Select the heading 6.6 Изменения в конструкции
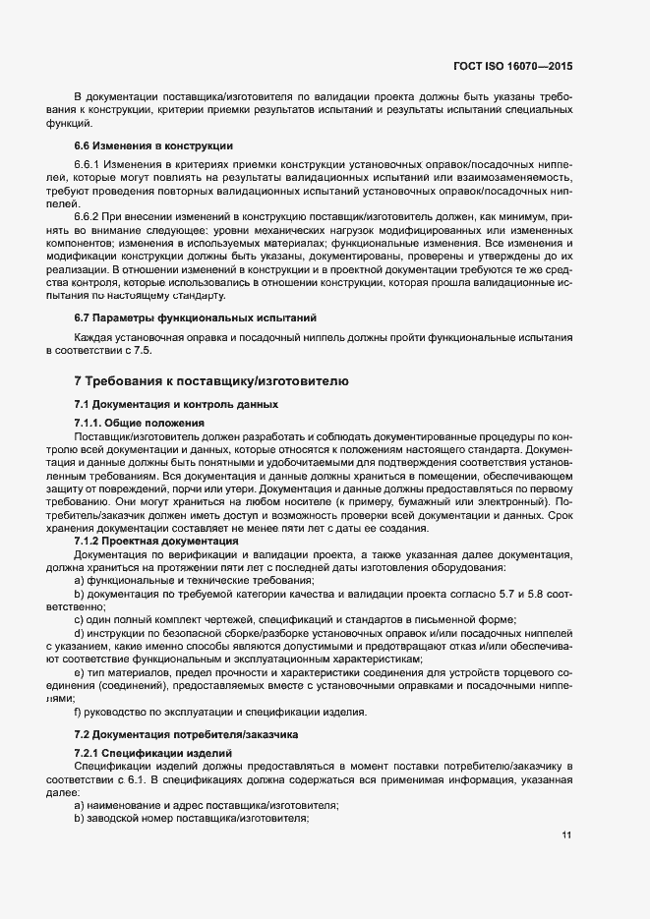pyautogui.click(x=137, y=144)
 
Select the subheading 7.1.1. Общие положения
pyautogui.click(x=139, y=424)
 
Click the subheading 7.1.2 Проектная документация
pyautogui.click(x=155, y=541)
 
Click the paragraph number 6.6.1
pyautogui.click(x=89, y=164)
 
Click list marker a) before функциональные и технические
pyautogui.click(x=79, y=581)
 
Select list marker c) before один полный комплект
pyautogui.click(x=79, y=620)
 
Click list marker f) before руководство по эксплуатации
pyautogui.click(x=78, y=712)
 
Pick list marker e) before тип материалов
pyautogui.click(x=79, y=672)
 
